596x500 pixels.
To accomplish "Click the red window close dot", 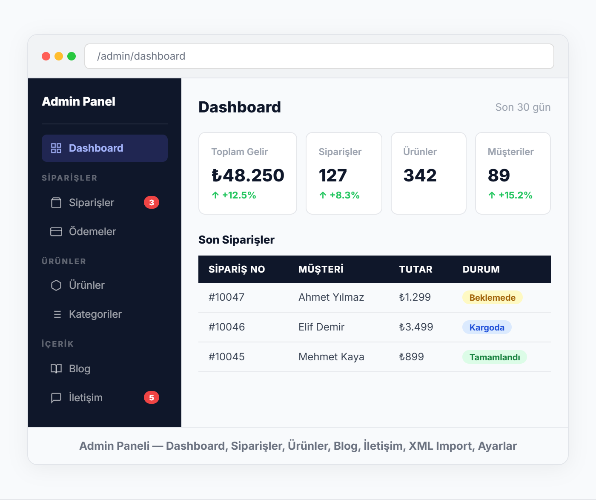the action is (x=46, y=56).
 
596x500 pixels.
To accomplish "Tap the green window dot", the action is (x=72, y=56).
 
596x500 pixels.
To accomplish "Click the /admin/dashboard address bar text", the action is (x=141, y=56).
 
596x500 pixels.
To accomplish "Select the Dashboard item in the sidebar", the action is (x=104, y=148).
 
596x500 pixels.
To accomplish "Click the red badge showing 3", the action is (x=151, y=202).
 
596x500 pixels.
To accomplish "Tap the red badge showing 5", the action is (x=151, y=397).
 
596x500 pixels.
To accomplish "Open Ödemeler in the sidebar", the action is (x=92, y=231).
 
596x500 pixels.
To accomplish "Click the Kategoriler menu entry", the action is (x=95, y=314).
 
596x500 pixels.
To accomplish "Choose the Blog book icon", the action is (x=56, y=369).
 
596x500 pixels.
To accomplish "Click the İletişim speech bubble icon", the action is (x=56, y=397).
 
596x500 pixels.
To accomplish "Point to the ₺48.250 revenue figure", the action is (x=248, y=175).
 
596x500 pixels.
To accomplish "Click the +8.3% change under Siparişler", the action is (x=344, y=195).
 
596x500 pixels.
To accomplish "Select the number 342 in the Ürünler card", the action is (x=420, y=175).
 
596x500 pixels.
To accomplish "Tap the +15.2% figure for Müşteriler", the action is (x=515, y=195).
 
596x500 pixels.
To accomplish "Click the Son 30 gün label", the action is (x=523, y=107).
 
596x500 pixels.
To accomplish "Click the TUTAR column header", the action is (x=415, y=269).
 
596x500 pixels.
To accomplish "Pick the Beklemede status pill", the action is (x=493, y=298).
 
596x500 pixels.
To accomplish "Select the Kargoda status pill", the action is (x=487, y=327).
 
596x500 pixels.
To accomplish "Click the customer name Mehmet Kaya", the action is (x=331, y=356).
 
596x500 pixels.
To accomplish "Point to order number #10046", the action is (x=226, y=327).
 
